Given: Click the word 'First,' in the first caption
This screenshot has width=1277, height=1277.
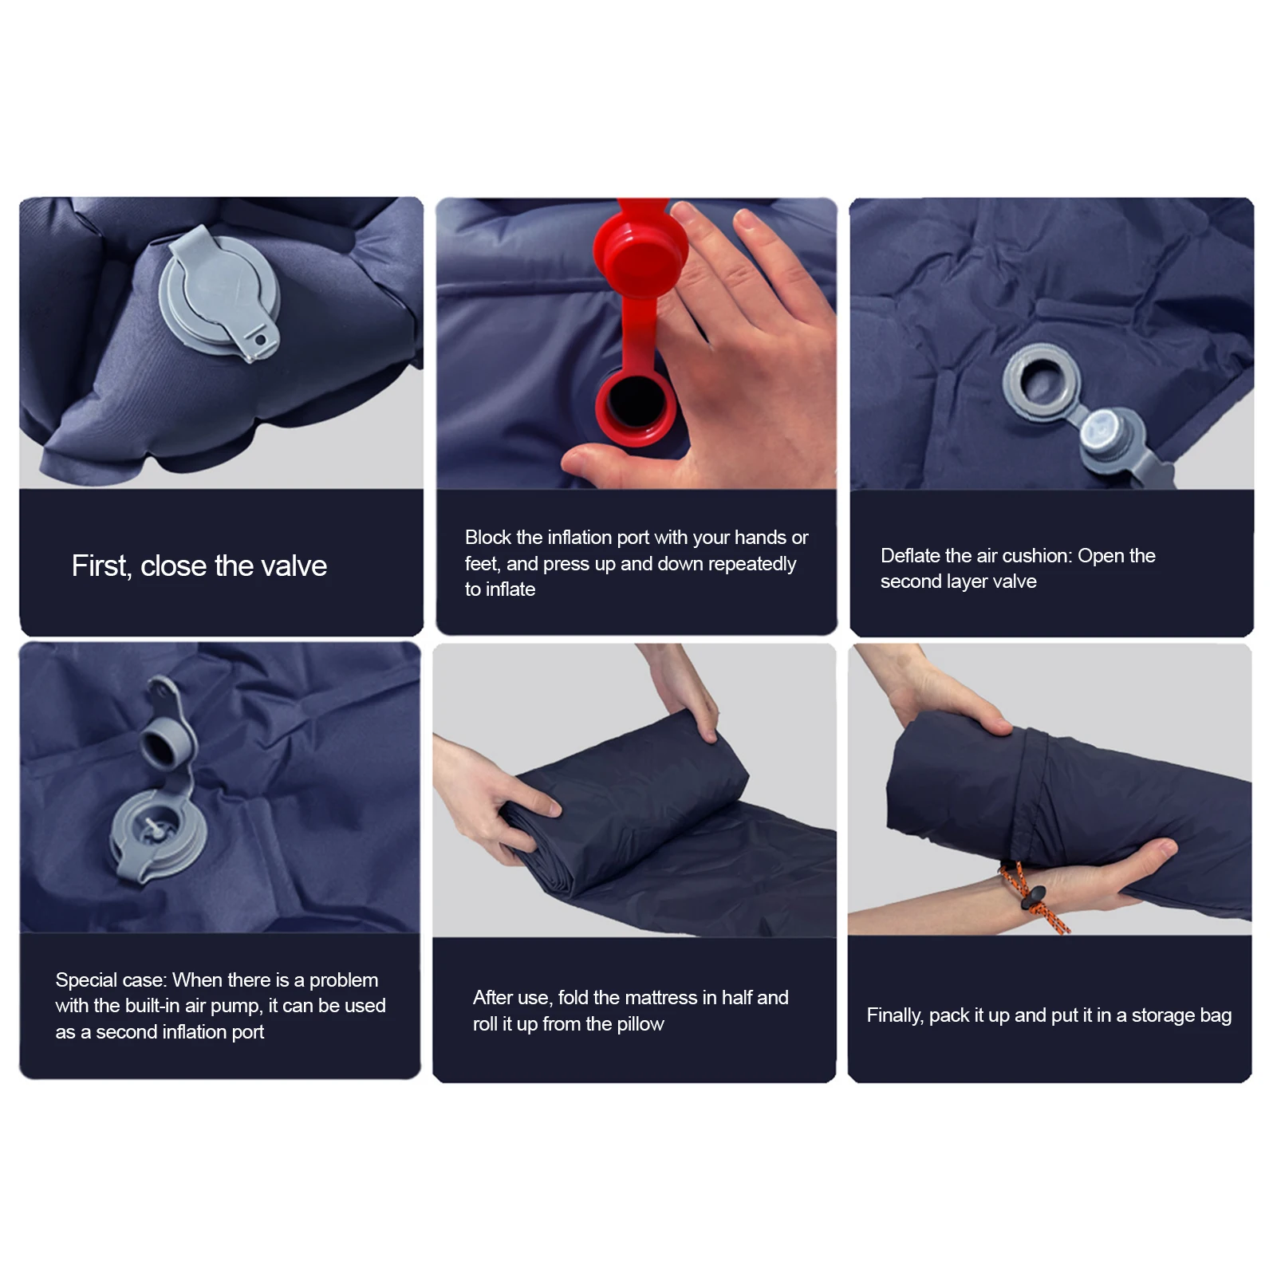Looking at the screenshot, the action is point(101,566).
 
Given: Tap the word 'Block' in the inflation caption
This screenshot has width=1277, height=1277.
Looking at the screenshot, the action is point(488,538).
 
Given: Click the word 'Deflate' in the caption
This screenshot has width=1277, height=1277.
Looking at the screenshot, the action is point(912,556).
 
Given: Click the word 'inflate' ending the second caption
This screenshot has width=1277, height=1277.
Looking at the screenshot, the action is point(510,589).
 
